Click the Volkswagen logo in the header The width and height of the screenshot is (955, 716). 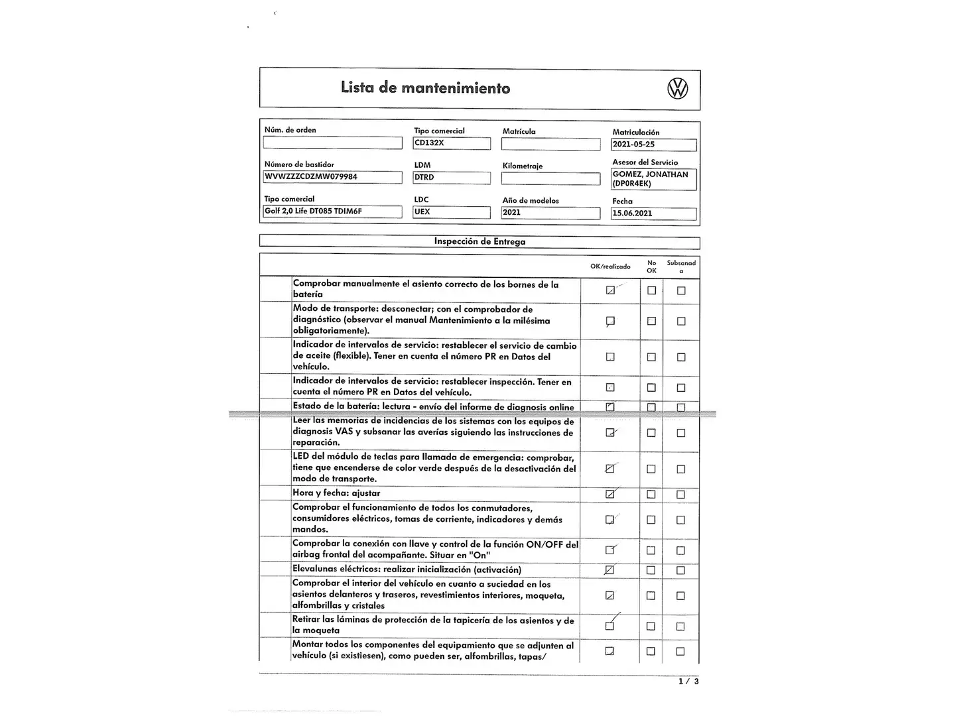(x=677, y=88)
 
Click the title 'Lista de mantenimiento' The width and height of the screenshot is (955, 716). (x=425, y=88)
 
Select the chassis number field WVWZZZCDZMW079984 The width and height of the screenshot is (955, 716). (x=332, y=177)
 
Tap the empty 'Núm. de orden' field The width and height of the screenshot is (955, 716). (x=332, y=143)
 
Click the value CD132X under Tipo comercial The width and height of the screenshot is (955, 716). (x=452, y=143)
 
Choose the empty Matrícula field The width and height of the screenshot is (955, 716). (x=550, y=144)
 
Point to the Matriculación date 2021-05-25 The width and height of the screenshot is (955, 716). (x=653, y=145)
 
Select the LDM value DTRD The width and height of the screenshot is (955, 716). (x=452, y=178)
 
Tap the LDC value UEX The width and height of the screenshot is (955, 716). (x=452, y=212)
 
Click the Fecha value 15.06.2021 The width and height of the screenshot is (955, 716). (x=653, y=213)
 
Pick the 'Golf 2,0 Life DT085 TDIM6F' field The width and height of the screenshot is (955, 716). (x=332, y=211)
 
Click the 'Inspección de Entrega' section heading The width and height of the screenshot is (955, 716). (x=479, y=241)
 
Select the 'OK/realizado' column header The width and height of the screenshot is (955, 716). (x=610, y=267)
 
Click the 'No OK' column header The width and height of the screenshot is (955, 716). (x=651, y=267)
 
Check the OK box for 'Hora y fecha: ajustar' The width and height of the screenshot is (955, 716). (x=610, y=494)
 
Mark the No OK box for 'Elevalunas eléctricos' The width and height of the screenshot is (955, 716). (x=651, y=570)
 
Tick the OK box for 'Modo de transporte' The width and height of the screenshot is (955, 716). (x=610, y=321)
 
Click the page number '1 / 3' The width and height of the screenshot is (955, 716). (x=688, y=681)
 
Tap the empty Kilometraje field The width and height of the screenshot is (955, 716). (x=550, y=178)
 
